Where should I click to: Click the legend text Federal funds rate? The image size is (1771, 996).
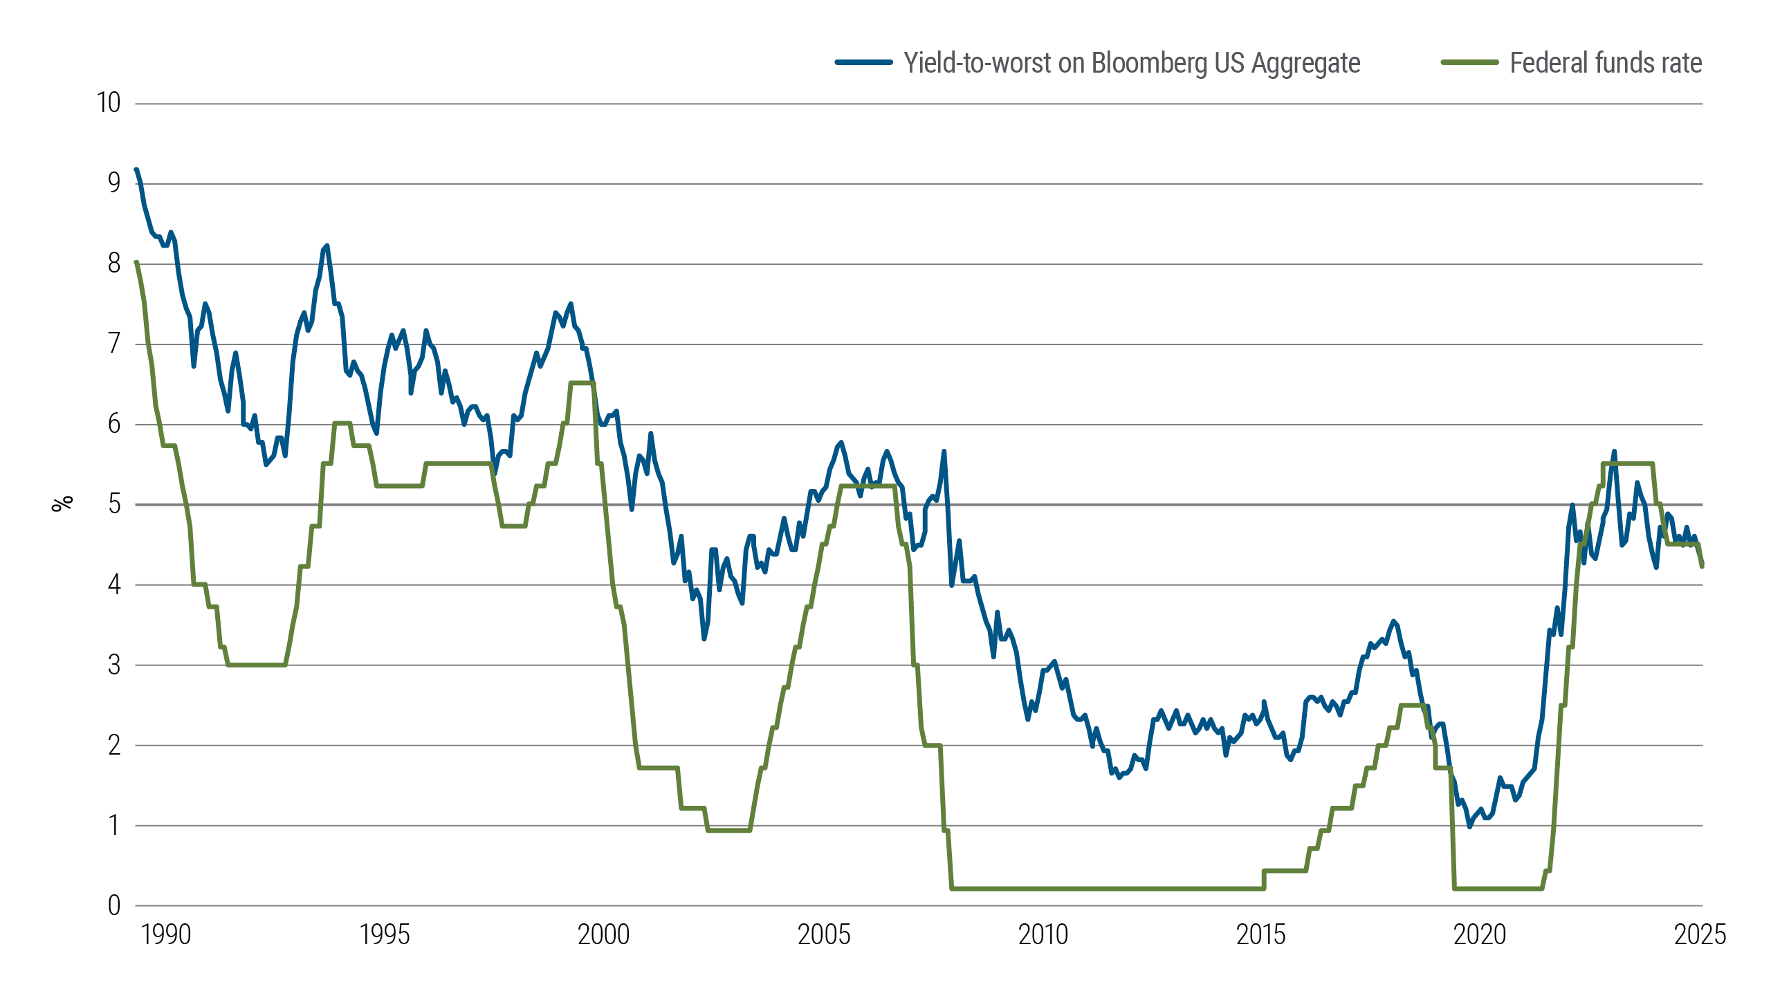[x=1605, y=63]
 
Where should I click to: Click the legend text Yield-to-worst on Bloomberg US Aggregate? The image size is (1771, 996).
[x=1132, y=63]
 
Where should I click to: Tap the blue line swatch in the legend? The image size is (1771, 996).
[x=863, y=62]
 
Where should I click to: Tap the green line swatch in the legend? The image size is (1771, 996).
[x=1469, y=62]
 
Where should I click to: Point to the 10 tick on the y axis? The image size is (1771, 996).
[x=109, y=103]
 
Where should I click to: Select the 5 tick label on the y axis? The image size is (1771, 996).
[x=114, y=504]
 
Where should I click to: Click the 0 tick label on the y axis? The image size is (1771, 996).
[x=114, y=905]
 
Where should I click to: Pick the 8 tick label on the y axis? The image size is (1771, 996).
[x=114, y=264]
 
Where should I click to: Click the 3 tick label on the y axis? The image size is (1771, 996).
[x=114, y=665]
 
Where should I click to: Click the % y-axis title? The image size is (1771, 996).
[x=62, y=504]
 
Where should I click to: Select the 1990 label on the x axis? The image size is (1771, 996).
[x=165, y=935]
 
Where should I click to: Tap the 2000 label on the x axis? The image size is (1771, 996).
[x=603, y=935]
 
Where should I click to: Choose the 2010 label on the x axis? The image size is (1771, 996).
[x=1043, y=935]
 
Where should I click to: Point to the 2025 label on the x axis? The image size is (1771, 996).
[x=1699, y=935]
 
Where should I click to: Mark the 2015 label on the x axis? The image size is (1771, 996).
[x=1260, y=935]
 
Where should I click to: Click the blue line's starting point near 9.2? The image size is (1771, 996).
[x=136, y=169]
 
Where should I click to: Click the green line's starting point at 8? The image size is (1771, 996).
[x=136, y=263]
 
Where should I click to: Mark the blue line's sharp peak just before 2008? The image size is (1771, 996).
[x=944, y=452]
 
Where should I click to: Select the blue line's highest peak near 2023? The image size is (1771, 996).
[x=1614, y=452]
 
